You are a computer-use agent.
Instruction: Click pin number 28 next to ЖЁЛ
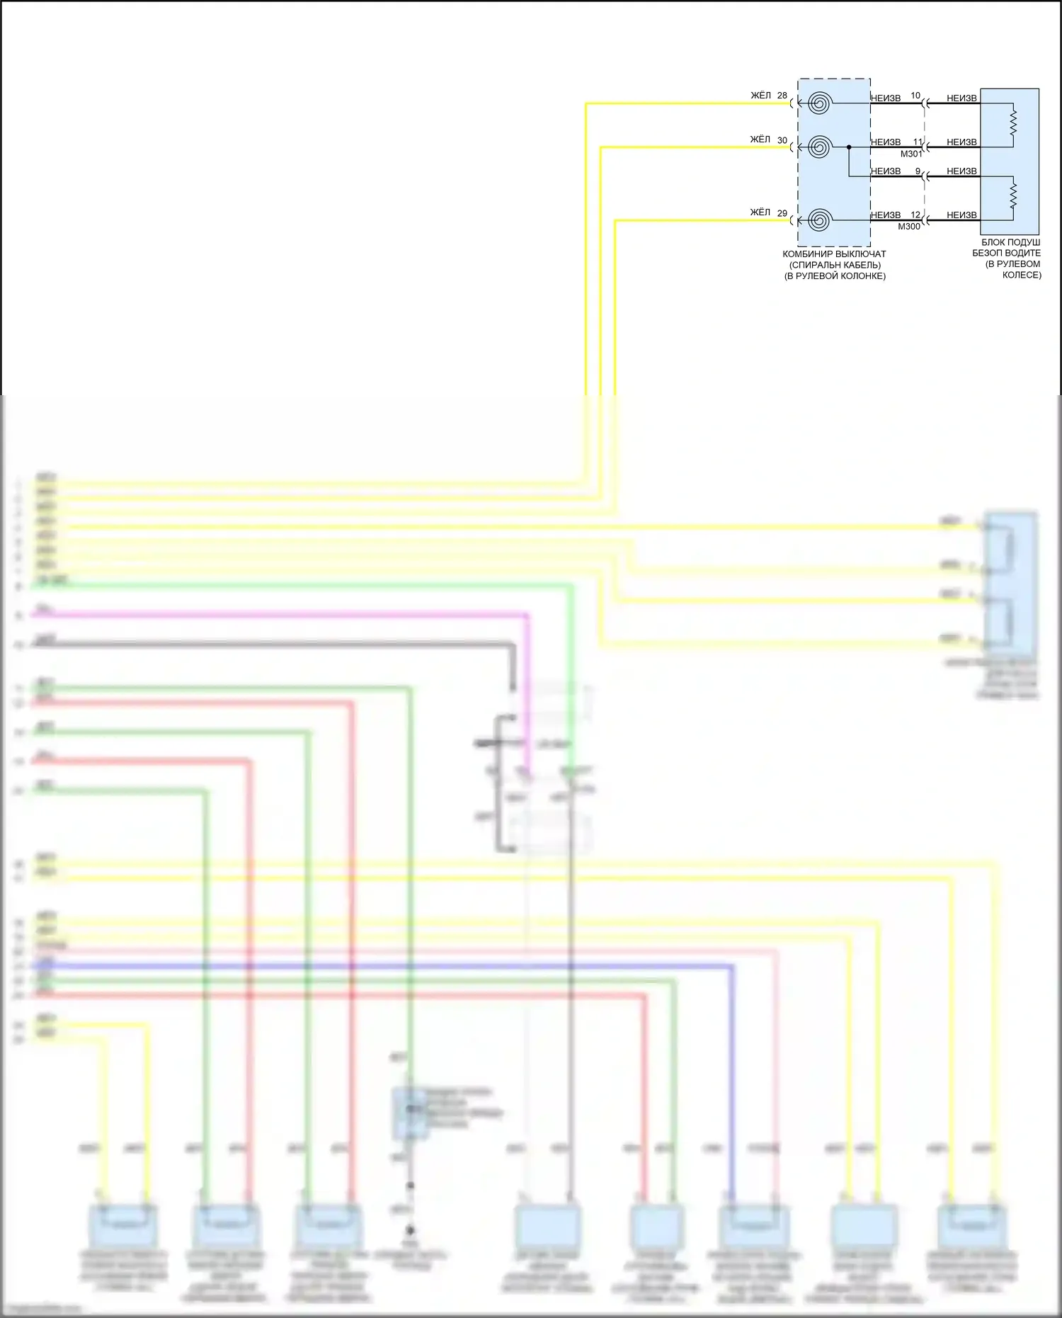click(x=782, y=96)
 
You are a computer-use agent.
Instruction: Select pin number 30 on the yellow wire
click(x=782, y=140)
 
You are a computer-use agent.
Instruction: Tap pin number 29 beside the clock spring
click(x=782, y=213)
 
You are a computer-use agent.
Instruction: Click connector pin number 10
click(x=915, y=96)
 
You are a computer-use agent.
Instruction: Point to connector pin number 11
click(x=917, y=142)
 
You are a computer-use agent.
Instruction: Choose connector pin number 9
click(x=918, y=171)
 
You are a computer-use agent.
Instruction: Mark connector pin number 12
click(x=915, y=215)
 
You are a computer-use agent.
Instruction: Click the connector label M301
click(x=911, y=154)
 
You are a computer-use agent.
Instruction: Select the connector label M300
click(x=909, y=227)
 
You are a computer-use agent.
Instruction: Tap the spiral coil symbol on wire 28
click(x=819, y=103)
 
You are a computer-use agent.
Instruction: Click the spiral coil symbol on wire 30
click(x=819, y=147)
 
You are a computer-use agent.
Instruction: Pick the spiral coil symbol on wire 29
click(x=819, y=220)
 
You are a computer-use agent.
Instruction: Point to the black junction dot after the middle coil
click(x=849, y=147)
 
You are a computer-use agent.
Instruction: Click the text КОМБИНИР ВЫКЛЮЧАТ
click(x=834, y=254)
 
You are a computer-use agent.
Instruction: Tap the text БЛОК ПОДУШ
click(x=1010, y=242)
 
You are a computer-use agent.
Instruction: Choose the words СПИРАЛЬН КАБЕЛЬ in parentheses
click(x=835, y=265)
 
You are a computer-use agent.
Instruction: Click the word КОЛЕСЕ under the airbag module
click(x=1022, y=275)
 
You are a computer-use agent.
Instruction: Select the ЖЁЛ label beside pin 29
click(x=760, y=212)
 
